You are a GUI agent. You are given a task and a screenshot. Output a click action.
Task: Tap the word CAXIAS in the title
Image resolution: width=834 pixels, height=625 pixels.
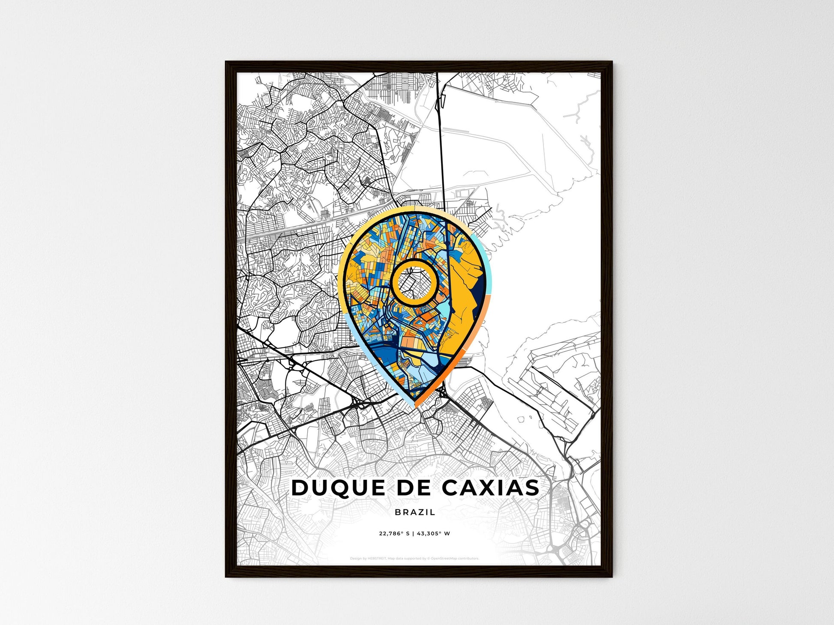click(x=491, y=488)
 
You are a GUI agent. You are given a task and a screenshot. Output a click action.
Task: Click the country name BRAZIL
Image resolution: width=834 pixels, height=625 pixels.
click(x=415, y=512)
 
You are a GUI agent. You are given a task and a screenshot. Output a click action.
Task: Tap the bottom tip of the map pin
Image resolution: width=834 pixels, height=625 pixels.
click(x=415, y=405)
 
